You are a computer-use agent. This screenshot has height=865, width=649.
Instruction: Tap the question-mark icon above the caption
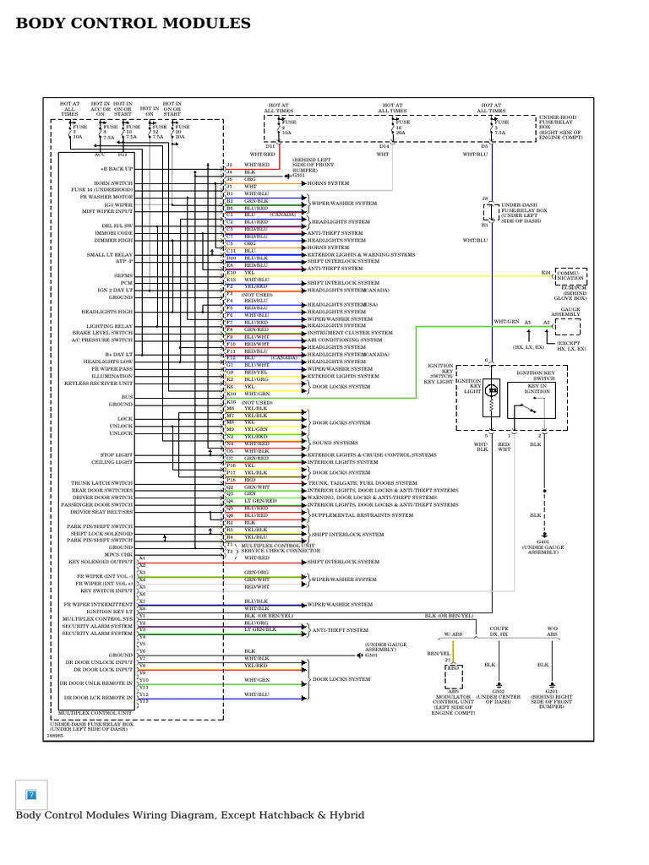pos(31,794)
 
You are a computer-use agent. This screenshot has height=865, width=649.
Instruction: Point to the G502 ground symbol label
pos(499,693)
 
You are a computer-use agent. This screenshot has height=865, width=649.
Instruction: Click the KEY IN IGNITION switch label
pos(538,389)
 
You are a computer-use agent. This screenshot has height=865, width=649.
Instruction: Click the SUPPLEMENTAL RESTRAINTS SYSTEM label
pos(346,515)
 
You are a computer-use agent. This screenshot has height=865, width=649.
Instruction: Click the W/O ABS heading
pos(552,631)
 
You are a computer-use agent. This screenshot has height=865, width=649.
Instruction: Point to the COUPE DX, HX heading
pos(499,631)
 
